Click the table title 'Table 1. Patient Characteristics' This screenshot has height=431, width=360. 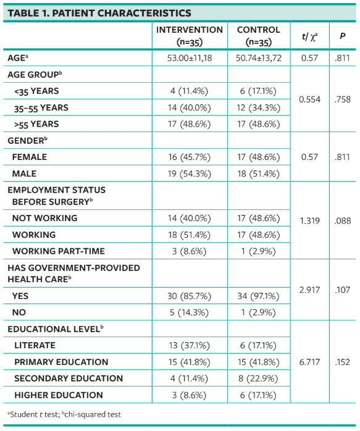(98, 13)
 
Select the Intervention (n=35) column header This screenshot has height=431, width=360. (190, 36)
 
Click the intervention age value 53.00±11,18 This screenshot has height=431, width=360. (190, 58)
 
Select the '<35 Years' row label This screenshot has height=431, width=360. (38, 91)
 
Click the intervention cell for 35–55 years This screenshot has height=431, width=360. (190, 107)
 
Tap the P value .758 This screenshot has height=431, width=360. (342, 99)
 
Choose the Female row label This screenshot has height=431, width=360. (30, 157)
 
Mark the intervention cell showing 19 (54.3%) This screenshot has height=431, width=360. (190, 174)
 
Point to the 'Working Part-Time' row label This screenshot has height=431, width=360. (59, 251)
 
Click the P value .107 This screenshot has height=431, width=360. (342, 288)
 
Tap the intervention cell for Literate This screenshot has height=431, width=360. (190, 346)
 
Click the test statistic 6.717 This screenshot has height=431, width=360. (309, 362)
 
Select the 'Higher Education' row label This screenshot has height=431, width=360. (59, 395)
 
